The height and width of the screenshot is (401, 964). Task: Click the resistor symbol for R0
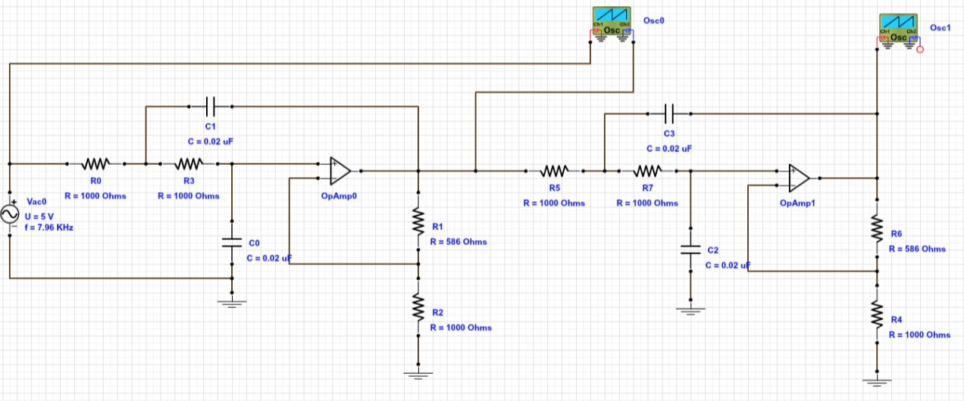96,163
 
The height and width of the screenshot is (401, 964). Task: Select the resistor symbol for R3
189,163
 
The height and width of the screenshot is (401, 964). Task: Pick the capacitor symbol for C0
232,243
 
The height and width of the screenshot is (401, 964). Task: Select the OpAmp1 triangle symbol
799,178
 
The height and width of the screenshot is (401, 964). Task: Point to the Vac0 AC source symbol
12,215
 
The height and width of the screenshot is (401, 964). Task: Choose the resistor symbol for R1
418,222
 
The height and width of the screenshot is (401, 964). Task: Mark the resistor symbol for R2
418,306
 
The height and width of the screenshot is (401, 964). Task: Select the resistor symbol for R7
647,171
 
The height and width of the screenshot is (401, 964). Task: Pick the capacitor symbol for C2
690,250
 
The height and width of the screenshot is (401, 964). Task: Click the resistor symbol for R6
877,228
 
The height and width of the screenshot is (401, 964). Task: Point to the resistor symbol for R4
877,313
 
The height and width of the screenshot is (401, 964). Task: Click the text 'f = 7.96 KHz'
53,226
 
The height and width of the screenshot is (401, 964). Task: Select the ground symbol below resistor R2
418,373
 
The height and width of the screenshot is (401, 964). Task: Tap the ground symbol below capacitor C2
690,310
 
